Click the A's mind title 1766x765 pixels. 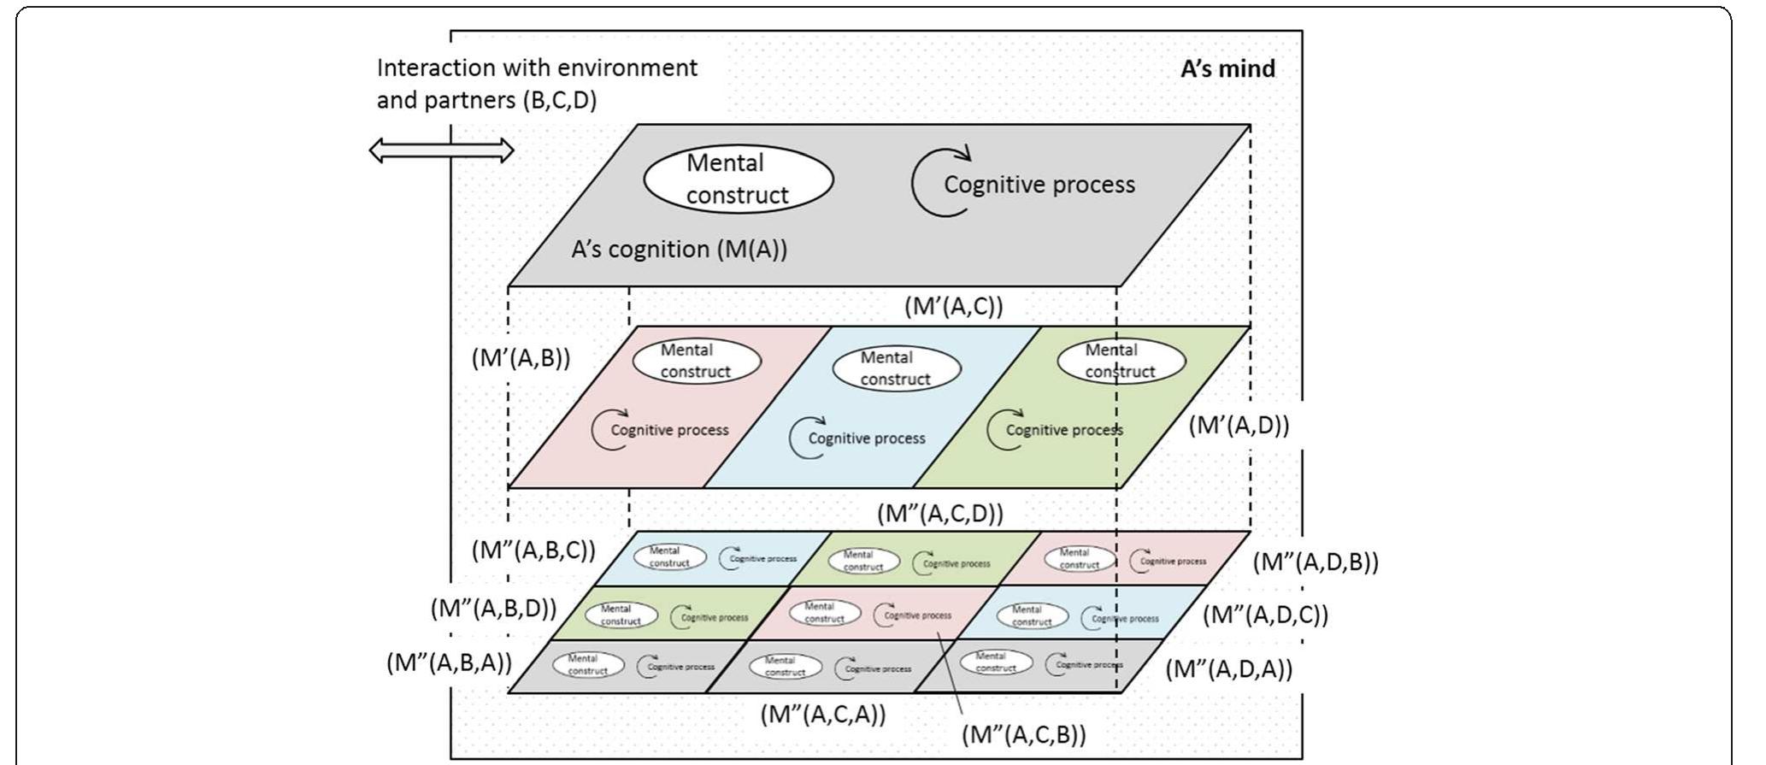point(1227,68)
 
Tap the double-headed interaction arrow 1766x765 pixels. point(441,151)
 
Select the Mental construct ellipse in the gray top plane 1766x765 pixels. point(738,179)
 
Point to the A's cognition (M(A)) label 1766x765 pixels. point(679,249)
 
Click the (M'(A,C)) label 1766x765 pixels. point(953,306)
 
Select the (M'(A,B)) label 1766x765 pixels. point(521,357)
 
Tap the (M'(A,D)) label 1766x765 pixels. point(1238,424)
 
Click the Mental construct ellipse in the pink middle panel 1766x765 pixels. point(696,361)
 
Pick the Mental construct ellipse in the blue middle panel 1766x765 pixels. point(896,368)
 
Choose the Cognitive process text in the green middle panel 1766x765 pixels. point(1064,430)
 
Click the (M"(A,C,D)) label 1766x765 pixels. point(940,513)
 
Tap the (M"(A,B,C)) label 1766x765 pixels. point(533,550)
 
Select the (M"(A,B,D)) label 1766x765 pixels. point(493,609)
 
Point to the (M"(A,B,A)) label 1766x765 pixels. point(449,662)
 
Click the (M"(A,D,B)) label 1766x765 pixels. point(1316,562)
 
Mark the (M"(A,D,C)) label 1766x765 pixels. point(1265,615)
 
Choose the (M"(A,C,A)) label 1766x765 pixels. point(823,714)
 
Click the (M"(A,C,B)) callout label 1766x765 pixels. point(1023,734)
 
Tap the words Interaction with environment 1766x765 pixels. point(537,68)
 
